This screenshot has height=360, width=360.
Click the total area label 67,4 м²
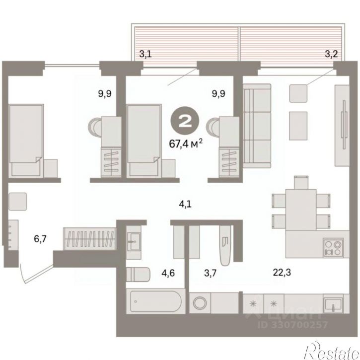(186, 144)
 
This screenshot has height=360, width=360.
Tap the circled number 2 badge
(185, 122)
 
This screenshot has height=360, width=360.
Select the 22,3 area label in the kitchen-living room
(282, 272)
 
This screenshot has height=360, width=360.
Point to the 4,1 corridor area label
(185, 204)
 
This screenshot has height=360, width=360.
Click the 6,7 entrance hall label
(40, 239)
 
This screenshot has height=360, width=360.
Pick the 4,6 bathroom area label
(168, 273)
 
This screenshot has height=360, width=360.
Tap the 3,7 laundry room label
(211, 273)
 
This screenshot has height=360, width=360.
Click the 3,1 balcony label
(145, 55)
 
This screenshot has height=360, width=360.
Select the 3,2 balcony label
(331, 54)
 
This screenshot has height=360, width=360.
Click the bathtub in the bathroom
(155, 301)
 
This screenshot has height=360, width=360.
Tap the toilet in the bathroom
(138, 275)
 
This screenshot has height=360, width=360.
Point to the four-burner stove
(333, 247)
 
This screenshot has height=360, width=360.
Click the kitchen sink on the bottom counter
(333, 304)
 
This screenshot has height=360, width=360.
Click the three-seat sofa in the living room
(257, 126)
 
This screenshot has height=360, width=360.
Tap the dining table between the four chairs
(301, 210)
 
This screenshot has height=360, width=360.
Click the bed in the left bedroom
(26, 141)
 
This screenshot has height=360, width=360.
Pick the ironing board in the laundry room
(225, 245)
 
